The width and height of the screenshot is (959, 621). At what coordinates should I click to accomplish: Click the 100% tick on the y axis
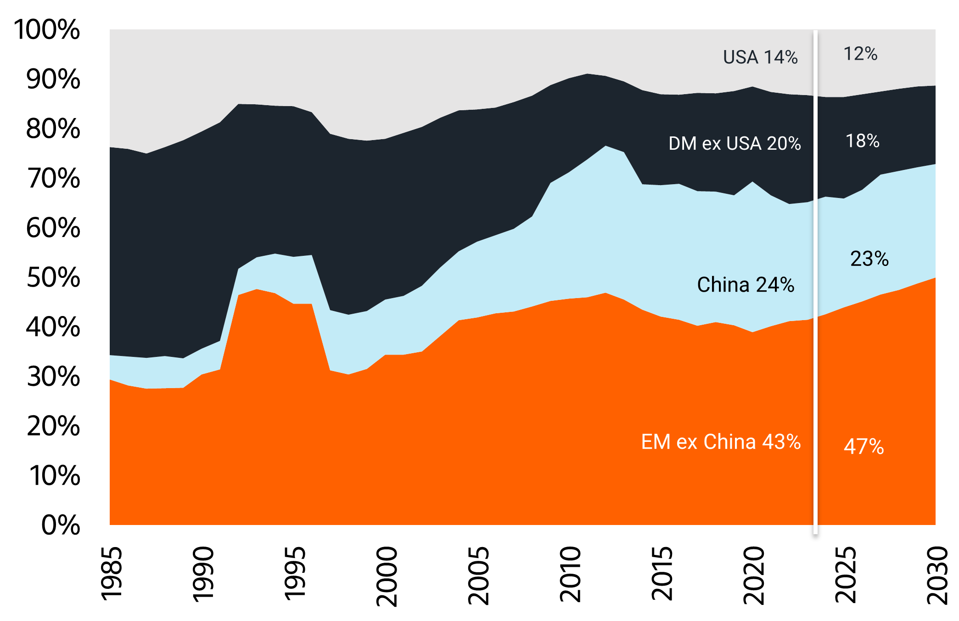click(47, 30)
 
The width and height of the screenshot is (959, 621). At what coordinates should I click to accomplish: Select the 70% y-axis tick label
click(53, 179)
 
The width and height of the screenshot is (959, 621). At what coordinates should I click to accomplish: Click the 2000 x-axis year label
click(387, 576)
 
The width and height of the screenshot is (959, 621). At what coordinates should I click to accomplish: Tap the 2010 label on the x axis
click(570, 574)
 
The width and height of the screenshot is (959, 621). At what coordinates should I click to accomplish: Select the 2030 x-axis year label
click(937, 575)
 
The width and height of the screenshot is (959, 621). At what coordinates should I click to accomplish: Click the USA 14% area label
click(760, 57)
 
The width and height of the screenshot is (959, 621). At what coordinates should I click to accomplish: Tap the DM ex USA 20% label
click(735, 144)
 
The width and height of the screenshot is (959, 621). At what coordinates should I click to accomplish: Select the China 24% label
click(746, 285)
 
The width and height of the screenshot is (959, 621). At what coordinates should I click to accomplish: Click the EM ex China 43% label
click(721, 442)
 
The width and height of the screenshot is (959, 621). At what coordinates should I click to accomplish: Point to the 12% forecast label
click(860, 54)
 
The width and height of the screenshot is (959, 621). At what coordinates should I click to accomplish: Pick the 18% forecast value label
click(863, 141)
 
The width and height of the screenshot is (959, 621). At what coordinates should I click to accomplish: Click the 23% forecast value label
click(869, 259)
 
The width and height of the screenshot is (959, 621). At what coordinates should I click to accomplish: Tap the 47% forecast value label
click(864, 446)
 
